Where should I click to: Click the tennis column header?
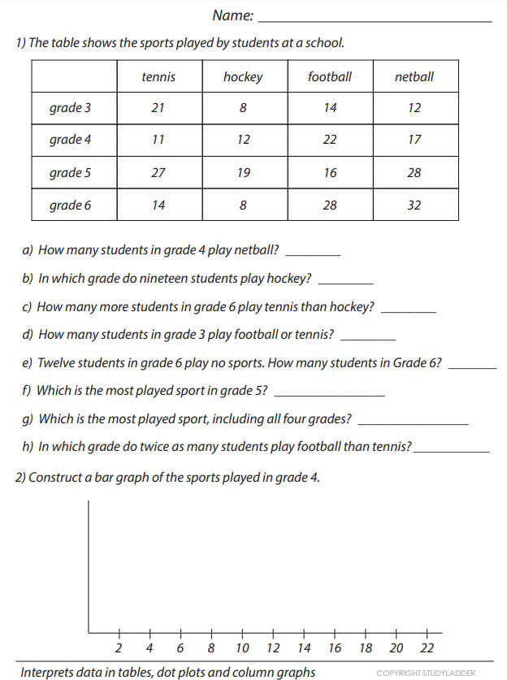point(158,77)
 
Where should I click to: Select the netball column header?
point(414,77)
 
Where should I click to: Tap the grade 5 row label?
point(70,172)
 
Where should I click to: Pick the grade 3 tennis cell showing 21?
point(158,108)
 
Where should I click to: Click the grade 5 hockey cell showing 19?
point(244,172)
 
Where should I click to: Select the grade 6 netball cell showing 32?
point(414,205)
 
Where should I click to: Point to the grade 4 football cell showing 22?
point(329,140)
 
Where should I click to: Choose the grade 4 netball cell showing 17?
point(414,140)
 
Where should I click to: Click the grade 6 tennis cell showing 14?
point(158,205)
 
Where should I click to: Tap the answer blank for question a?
point(314,252)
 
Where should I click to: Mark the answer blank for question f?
point(330,392)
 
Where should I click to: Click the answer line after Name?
point(375,16)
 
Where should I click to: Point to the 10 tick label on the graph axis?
point(242,648)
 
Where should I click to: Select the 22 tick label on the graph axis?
point(427,648)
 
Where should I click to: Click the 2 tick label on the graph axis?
point(119,648)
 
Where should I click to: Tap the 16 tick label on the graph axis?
point(335,648)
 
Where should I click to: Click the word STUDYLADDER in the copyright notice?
point(447,673)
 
